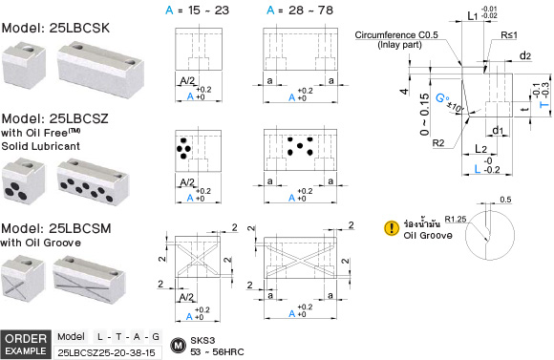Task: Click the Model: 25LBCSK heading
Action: (55, 28)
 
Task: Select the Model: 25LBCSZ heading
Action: (54, 118)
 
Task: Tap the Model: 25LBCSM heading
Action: (56, 228)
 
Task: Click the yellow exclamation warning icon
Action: (392, 228)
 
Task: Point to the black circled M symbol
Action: (178, 345)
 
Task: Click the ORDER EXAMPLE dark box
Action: (26, 345)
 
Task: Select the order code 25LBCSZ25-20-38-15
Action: (106, 352)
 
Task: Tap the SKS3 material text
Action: (202, 340)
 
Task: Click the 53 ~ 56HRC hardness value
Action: (217, 351)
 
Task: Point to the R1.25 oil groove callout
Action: (456, 219)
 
